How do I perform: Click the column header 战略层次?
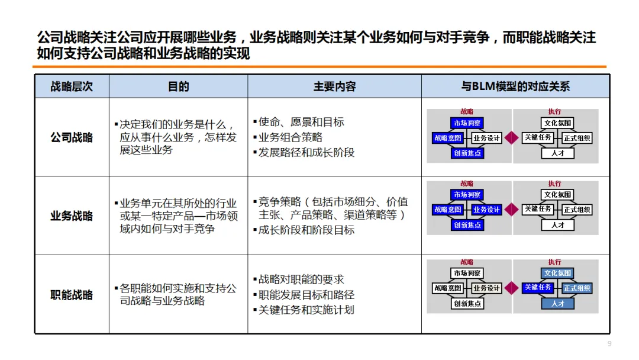click(x=72, y=86)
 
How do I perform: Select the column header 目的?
click(x=179, y=86)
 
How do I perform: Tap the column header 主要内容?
click(x=334, y=86)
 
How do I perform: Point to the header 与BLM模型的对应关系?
click(x=515, y=86)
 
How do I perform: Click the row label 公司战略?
click(x=72, y=137)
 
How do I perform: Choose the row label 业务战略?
click(x=72, y=216)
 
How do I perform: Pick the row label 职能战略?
click(x=72, y=294)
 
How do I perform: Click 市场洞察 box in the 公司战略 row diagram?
click(x=467, y=123)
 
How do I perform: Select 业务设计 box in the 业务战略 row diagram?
click(x=487, y=210)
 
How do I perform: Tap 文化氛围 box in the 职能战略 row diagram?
click(x=557, y=273)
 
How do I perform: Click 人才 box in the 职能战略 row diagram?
click(x=557, y=303)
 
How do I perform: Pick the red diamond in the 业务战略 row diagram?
click(x=512, y=210)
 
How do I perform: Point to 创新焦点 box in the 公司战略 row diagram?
click(x=467, y=153)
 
